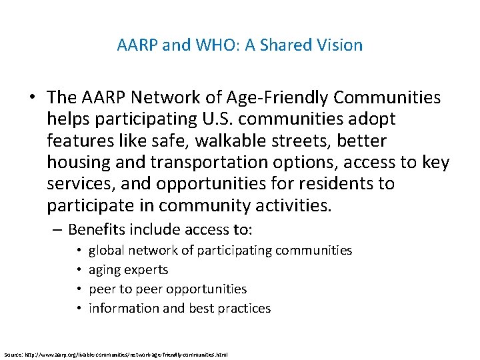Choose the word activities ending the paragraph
[x=289, y=205]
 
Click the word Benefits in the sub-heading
[x=97, y=230]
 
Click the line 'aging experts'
[x=128, y=270]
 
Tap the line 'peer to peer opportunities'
[x=167, y=289]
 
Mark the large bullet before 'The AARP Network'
[x=32, y=98]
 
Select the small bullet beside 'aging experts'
[x=79, y=270]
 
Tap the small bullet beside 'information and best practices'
[x=79, y=309]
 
